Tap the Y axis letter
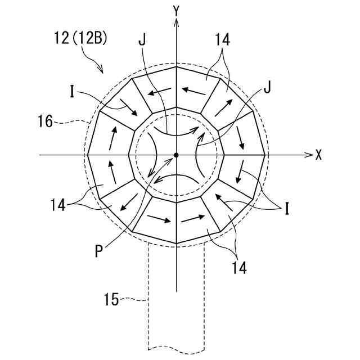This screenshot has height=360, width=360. click(x=176, y=10)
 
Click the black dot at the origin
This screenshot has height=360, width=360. click(x=176, y=155)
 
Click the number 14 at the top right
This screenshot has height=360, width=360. click(x=221, y=42)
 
